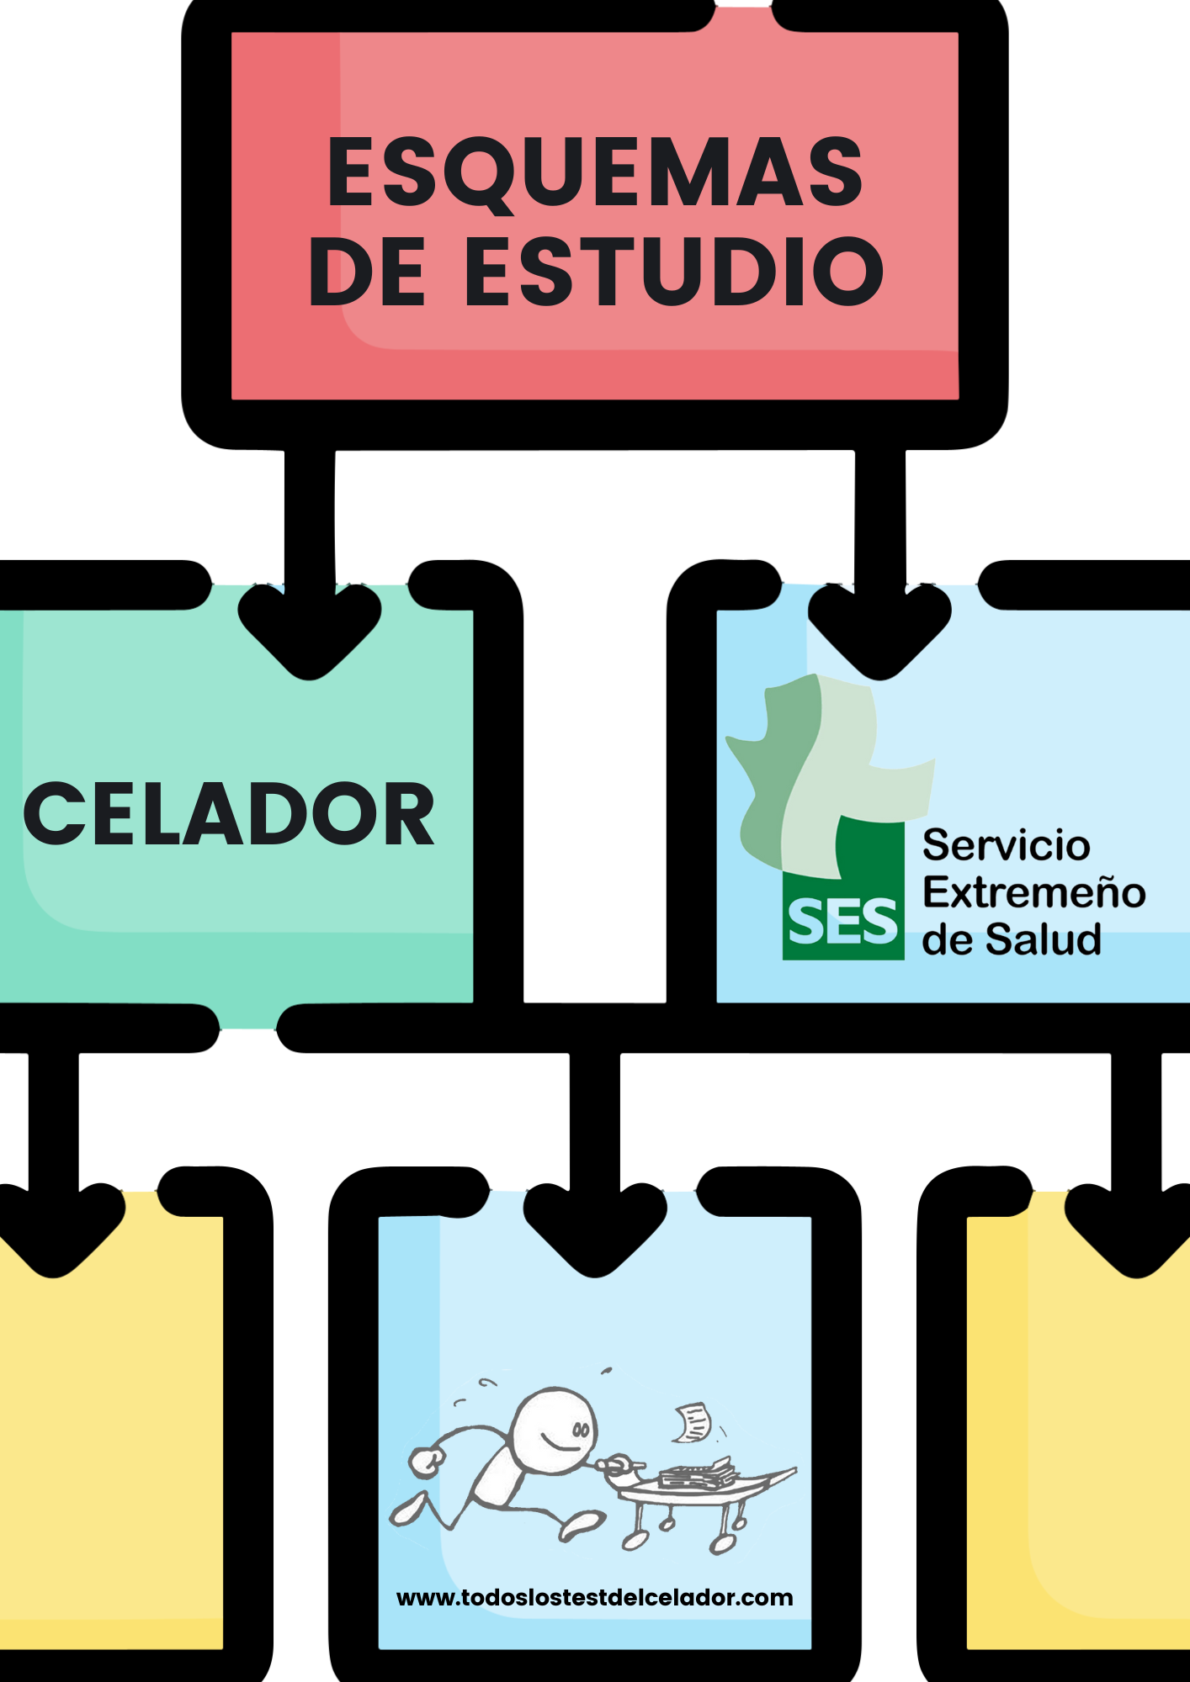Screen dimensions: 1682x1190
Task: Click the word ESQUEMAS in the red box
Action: (595, 172)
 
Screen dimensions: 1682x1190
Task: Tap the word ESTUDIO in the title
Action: (674, 271)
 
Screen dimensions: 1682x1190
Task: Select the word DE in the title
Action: (367, 271)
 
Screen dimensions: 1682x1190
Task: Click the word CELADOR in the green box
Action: (229, 814)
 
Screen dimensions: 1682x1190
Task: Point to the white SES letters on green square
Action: (842, 921)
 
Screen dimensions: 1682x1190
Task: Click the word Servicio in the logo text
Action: (1006, 845)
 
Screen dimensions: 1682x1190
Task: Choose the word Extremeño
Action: (1033, 892)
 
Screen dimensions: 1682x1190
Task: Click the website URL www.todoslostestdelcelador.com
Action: (594, 1597)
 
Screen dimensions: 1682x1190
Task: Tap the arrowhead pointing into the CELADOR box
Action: (310, 631)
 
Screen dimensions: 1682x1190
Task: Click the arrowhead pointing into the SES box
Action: (879, 631)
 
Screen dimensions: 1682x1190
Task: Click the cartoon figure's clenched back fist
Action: (427, 1462)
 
